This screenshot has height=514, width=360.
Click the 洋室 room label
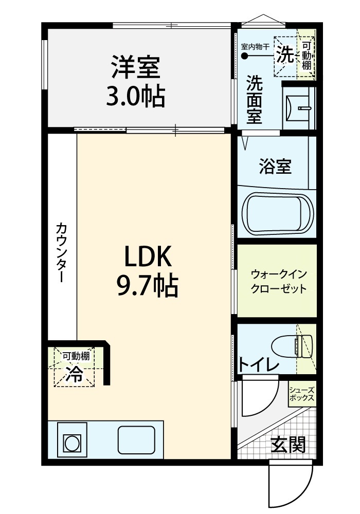coord(136,67)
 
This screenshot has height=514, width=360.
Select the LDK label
coord(148,256)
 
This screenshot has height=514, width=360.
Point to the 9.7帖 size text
coord(148,285)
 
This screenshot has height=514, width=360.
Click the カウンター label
coord(62,252)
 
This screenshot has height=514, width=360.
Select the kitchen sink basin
coord(136,440)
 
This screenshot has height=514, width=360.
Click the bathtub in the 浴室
coord(277,214)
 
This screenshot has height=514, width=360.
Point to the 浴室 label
coord(276,166)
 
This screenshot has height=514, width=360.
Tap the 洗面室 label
coord(255,99)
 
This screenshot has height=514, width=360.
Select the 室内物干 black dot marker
coord(245,56)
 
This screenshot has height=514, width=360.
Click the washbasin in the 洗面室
coord(297,108)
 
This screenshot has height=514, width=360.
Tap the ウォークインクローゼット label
coord(278,281)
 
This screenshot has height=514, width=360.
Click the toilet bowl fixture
coord(292,346)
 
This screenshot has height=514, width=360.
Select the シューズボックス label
coord(302,394)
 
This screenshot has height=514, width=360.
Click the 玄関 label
coord(288,444)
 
